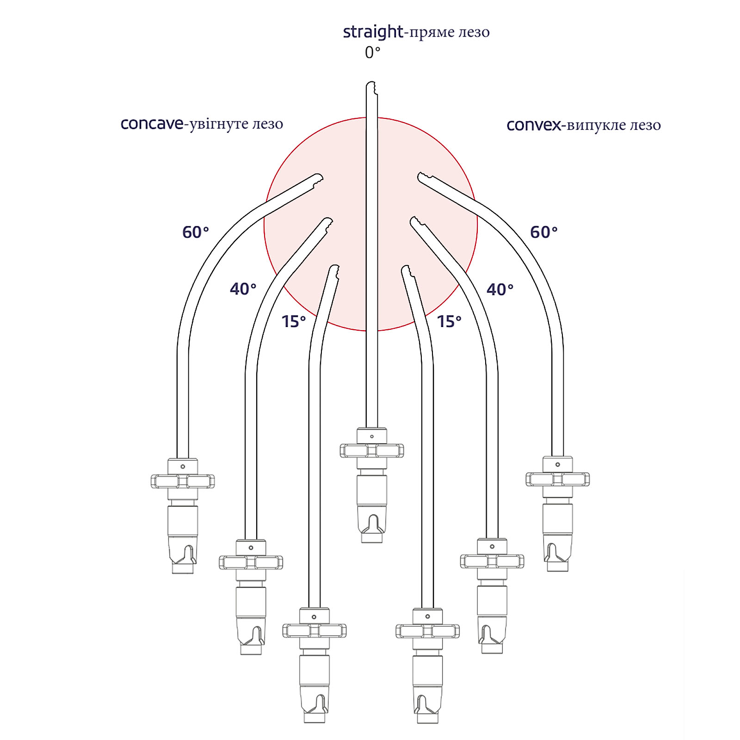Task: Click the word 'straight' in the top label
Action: click(373, 32)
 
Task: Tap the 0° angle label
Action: click(372, 53)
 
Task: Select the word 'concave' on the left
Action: click(152, 124)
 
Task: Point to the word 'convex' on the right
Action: click(534, 125)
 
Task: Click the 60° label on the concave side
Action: click(196, 232)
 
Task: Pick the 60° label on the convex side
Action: click(544, 232)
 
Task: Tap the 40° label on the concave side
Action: click(243, 289)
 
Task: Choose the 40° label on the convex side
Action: click(500, 290)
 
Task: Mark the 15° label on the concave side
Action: click(294, 321)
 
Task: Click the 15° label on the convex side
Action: click(449, 321)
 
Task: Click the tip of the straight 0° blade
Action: click(371, 83)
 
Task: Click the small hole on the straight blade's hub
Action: click(372, 436)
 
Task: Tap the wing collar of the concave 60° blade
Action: click(183, 481)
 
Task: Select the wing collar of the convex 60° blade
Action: click(557, 480)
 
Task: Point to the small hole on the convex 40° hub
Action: click(492, 546)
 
